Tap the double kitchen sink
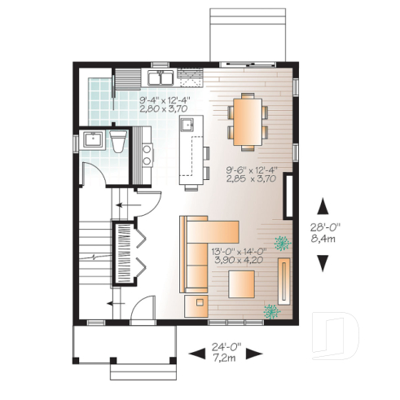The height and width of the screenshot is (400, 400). [x=160, y=77]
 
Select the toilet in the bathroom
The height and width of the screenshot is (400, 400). [x=117, y=142]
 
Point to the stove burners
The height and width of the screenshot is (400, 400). [x=147, y=153]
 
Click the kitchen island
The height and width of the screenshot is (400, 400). [x=193, y=149]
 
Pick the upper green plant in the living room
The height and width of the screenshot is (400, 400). [x=283, y=242]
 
